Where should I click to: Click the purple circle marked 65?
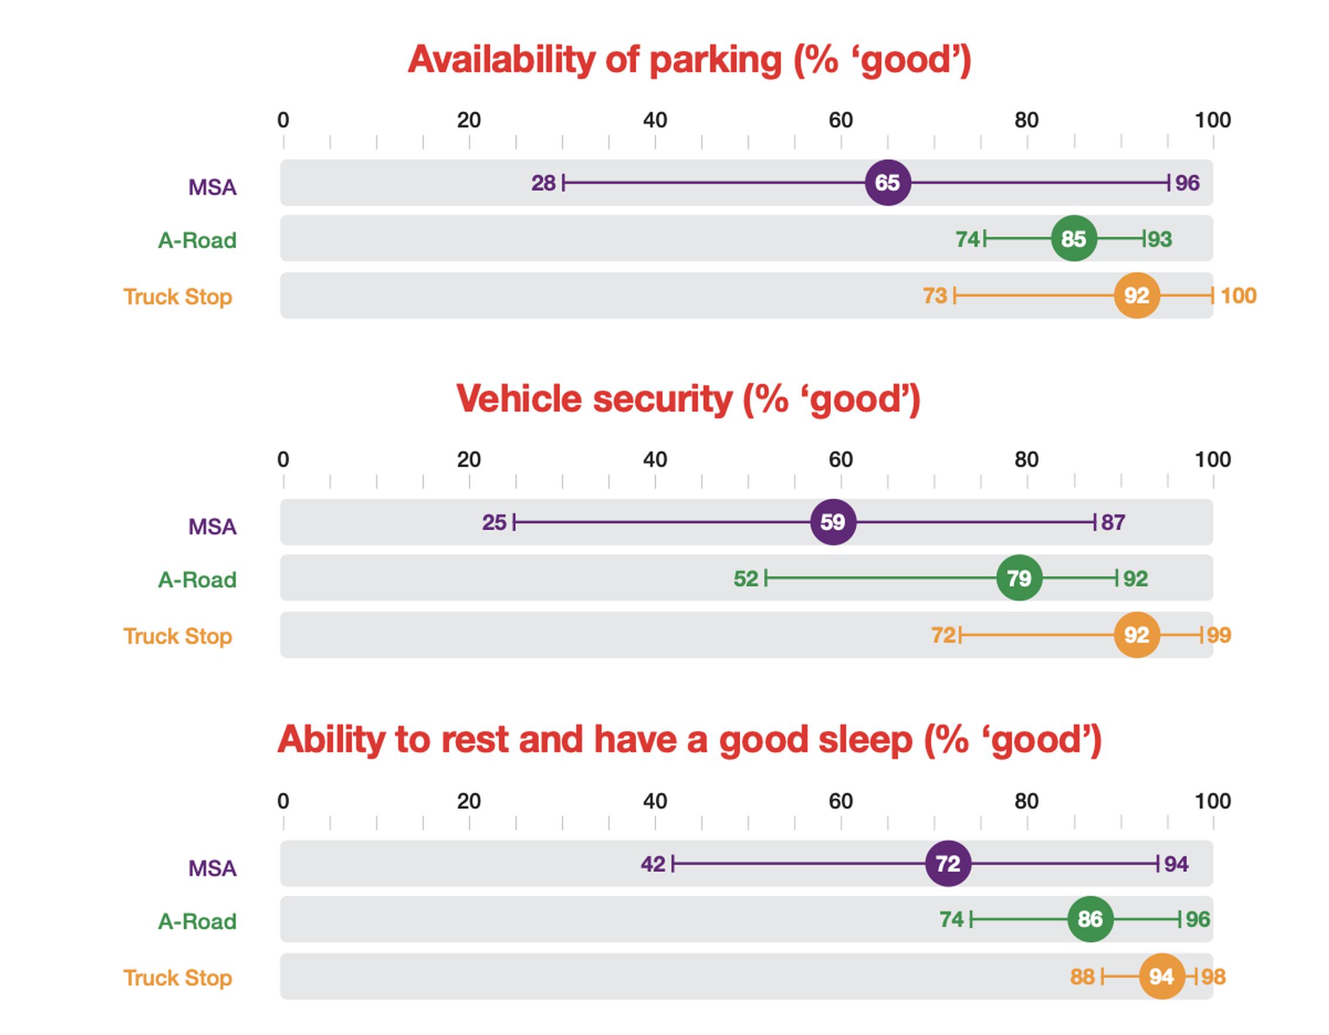tap(887, 182)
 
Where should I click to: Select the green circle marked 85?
tap(1073, 239)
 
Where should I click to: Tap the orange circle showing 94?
tap(1161, 976)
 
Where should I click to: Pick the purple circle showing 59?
tap(833, 522)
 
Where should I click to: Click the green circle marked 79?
tap(1019, 578)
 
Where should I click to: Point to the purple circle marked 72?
tap(947, 863)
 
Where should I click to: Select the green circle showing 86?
tap(1090, 919)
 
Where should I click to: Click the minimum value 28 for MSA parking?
tap(544, 182)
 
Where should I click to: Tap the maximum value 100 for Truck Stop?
tap(1238, 296)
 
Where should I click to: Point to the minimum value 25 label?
tap(494, 522)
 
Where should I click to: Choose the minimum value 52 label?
tap(746, 579)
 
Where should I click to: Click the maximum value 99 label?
tap(1219, 635)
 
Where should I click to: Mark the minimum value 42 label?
tap(653, 864)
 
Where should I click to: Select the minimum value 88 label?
tap(1083, 977)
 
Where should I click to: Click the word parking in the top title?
tap(715, 61)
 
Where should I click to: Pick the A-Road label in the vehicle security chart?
tap(197, 580)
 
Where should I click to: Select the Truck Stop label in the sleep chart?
tap(178, 978)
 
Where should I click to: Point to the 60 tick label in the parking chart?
tap(840, 120)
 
